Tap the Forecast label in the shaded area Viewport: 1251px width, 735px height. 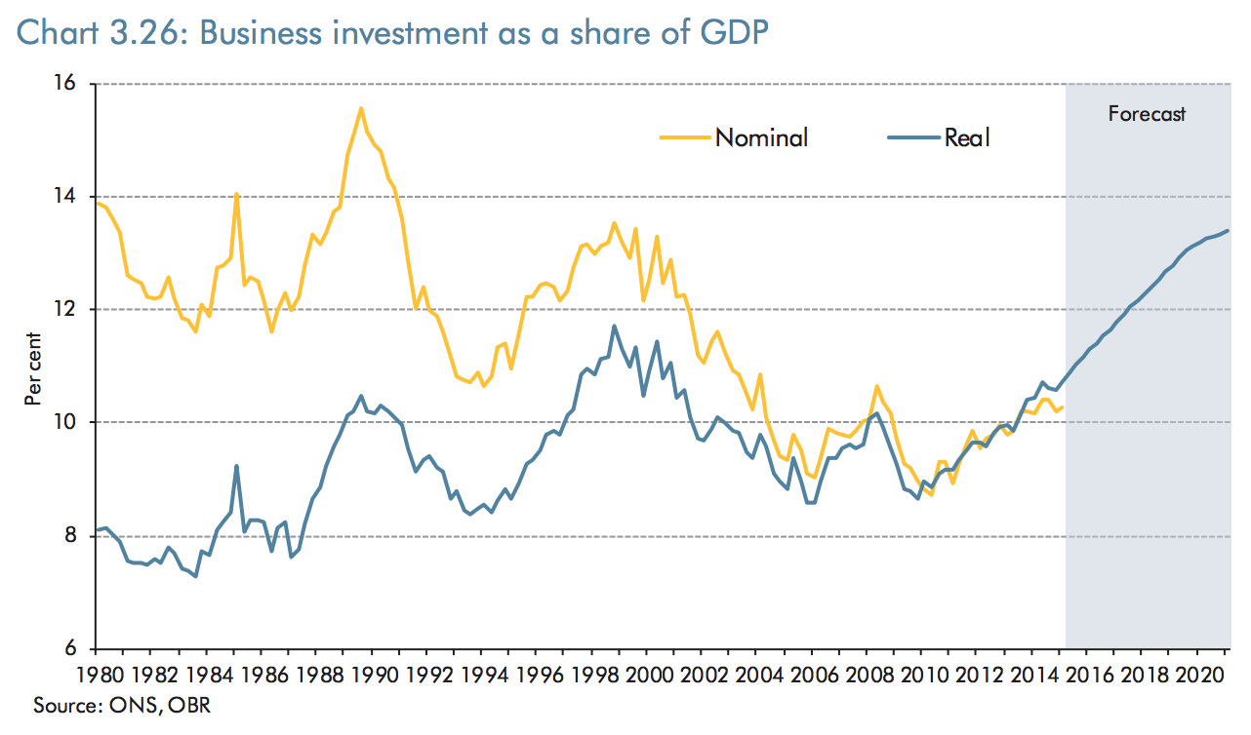click(x=1147, y=114)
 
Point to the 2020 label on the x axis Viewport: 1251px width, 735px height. click(x=1202, y=675)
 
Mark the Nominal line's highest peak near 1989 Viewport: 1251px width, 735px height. click(x=361, y=108)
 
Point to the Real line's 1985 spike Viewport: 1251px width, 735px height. click(x=237, y=466)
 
